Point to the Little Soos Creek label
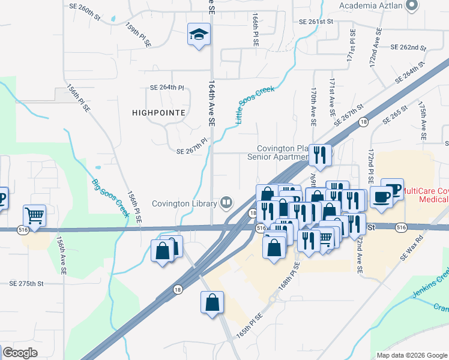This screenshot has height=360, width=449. (x=255, y=106)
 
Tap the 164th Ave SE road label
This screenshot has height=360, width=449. (x=211, y=103)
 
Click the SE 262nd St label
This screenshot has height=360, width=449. (x=408, y=47)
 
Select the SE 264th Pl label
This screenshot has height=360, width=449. (x=167, y=87)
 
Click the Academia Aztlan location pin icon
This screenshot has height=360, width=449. (x=411, y=6)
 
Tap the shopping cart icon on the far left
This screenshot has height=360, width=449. (x=35, y=215)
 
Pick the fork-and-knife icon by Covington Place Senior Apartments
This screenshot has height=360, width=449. (x=320, y=155)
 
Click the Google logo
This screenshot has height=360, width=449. (x=20, y=352)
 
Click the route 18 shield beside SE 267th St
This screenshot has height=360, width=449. (x=363, y=122)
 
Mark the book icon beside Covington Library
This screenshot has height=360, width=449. (x=226, y=203)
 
